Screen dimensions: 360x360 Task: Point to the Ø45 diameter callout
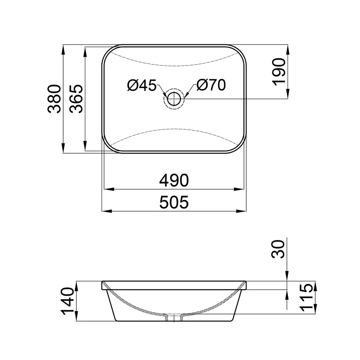point(142,85)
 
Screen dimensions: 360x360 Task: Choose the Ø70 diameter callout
point(211,85)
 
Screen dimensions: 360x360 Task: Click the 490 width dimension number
point(174,181)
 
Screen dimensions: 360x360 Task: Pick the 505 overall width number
point(174,203)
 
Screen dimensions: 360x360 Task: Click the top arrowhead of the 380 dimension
point(63,48)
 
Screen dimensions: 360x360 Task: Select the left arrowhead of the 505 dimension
point(105,210)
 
